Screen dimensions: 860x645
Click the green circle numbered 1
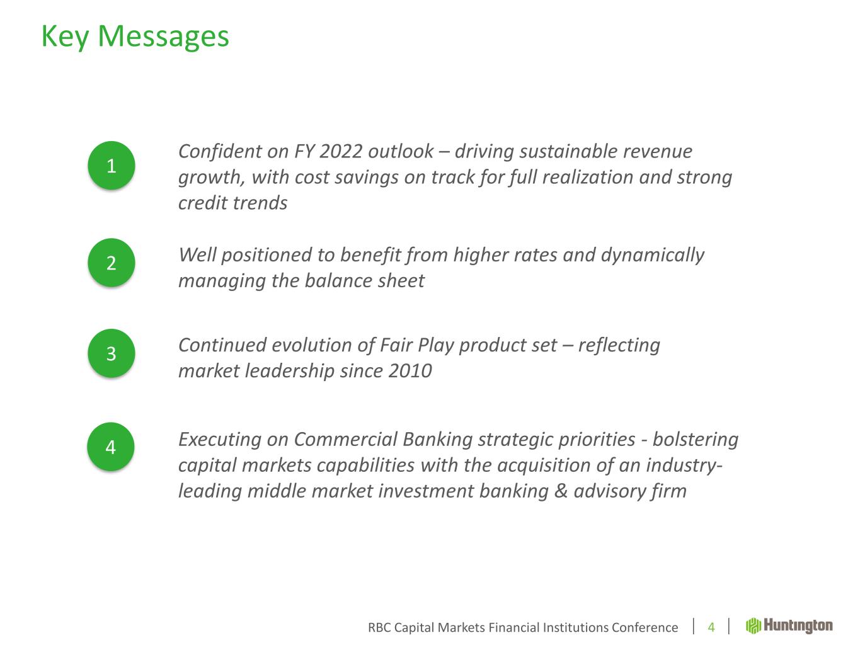(x=112, y=165)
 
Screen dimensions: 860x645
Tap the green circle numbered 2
(x=112, y=263)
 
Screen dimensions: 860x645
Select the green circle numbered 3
(x=112, y=353)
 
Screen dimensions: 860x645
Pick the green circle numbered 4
(x=111, y=447)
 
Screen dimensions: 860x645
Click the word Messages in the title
(x=163, y=37)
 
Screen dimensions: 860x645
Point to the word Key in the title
(x=65, y=37)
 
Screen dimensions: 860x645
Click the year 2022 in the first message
(x=340, y=152)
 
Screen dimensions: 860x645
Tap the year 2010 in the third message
(x=410, y=371)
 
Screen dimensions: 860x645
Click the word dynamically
(x=652, y=255)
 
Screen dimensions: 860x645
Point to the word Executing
(x=220, y=440)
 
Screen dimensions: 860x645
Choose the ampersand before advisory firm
(x=561, y=491)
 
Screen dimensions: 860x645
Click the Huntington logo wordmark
(x=798, y=626)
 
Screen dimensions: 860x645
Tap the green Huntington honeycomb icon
(x=753, y=626)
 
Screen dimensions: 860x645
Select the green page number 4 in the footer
(x=711, y=627)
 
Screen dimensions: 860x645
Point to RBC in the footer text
(x=379, y=627)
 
